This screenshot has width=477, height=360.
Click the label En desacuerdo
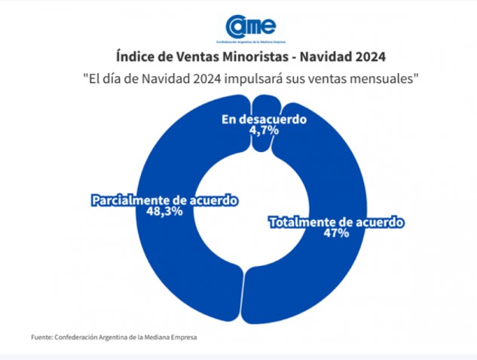click(263, 119)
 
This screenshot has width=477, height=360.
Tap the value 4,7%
click(264, 130)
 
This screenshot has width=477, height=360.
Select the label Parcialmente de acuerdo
click(164, 201)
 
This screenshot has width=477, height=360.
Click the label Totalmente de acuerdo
click(337, 222)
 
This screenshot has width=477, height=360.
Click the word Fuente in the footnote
click(41, 337)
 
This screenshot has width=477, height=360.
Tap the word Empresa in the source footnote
click(181, 337)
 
